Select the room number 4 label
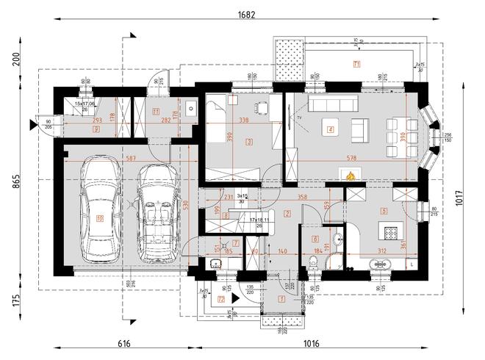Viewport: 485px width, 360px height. coord(330,130)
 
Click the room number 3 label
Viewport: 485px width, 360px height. coord(249,142)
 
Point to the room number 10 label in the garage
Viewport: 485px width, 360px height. coord(100,217)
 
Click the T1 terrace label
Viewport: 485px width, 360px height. coord(356,63)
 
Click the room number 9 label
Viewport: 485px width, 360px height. coord(96,128)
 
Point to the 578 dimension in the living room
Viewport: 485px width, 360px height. coord(351,158)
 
